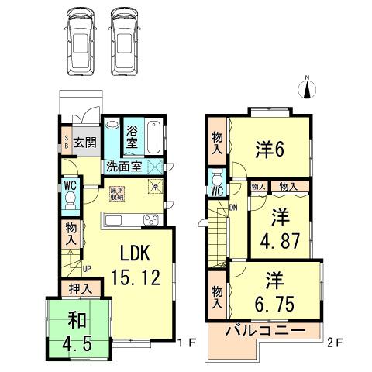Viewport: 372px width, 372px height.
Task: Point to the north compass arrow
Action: click(307, 88)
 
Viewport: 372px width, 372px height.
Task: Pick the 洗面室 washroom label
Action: click(124, 166)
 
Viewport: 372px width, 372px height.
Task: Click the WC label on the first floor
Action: click(69, 186)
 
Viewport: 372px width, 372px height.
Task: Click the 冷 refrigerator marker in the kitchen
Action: click(154, 187)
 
